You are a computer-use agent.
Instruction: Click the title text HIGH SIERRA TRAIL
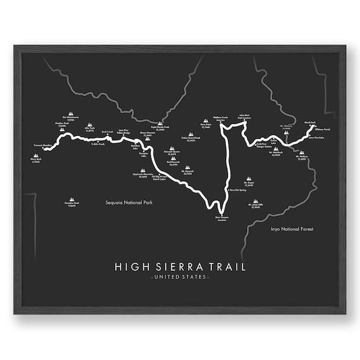(x=180, y=266)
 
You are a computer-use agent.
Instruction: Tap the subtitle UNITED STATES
(x=180, y=277)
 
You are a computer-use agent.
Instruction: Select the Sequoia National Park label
(x=130, y=203)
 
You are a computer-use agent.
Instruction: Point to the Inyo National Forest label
(x=291, y=229)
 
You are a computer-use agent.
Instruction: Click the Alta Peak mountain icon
(x=89, y=125)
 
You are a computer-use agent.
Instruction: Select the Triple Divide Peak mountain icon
(x=160, y=124)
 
